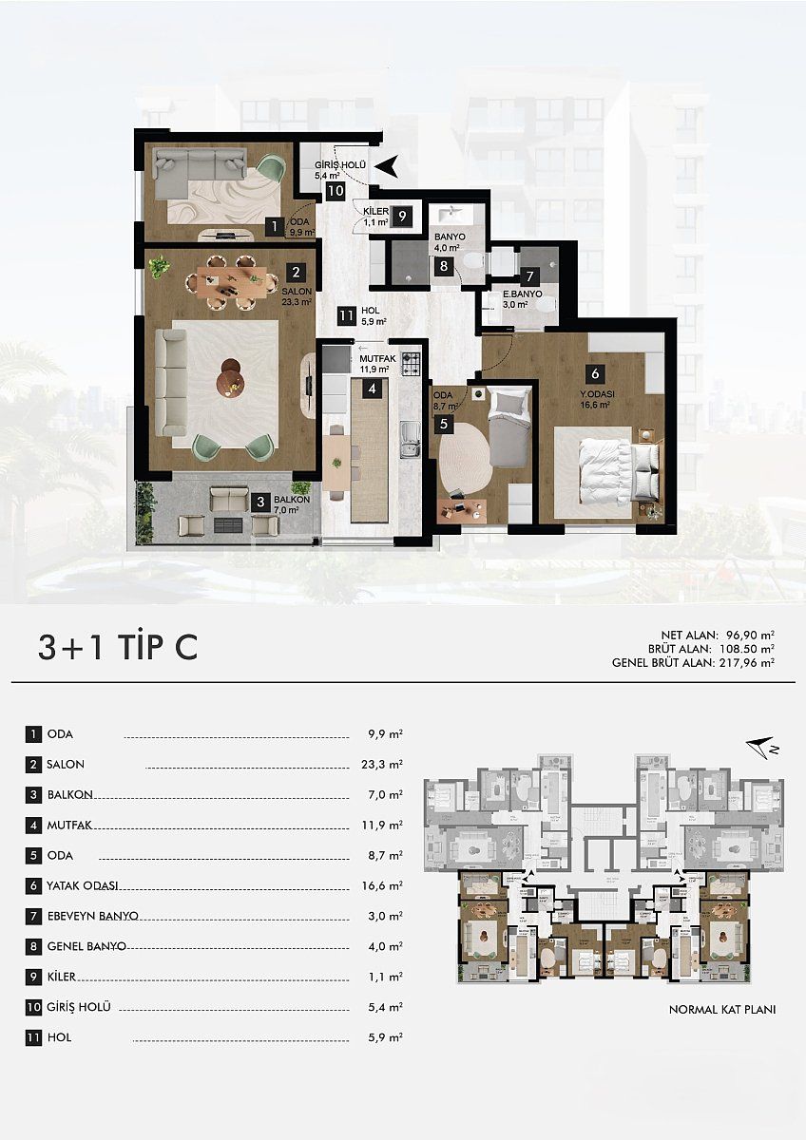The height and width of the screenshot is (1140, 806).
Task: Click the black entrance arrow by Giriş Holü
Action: (386, 167)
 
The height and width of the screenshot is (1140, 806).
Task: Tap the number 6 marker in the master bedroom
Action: (594, 372)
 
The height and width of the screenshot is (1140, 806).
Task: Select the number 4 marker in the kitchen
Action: (374, 388)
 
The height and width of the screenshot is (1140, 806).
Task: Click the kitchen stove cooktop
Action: (412, 362)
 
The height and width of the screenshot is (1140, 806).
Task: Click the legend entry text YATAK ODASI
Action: (83, 885)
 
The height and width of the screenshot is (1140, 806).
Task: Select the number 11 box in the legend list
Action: (34, 1037)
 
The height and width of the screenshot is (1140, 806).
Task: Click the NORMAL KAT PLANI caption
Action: (722, 1010)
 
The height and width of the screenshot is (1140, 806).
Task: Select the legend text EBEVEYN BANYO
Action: (93, 916)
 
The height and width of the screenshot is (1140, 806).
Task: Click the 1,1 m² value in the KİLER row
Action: (386, 977)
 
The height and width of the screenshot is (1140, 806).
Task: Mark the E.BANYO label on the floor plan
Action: (523, 295)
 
